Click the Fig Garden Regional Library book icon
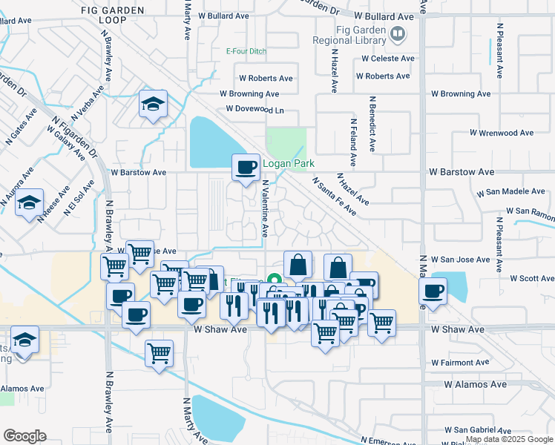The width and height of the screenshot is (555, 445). pyautogui.click(x=398, y=33)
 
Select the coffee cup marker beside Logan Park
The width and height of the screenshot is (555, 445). pyautogui.click(x=246, y=167)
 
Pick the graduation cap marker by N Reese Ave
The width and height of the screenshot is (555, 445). pyautogui.click(x=29, y=202)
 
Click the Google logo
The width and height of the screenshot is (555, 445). pyautogui.click(x=24, y=436)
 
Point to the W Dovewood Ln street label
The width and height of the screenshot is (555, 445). pyautogui.click(x=254, y=109)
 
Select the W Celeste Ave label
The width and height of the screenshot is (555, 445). pyautogui.click(x=386, y=59)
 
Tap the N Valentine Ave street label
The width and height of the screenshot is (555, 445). pyautogui.click(x=264, y=208)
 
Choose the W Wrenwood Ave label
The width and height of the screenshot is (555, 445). pyautogui.click(x=501, y=133)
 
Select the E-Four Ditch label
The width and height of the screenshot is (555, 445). pyautogui.click(x=245, y=51)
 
